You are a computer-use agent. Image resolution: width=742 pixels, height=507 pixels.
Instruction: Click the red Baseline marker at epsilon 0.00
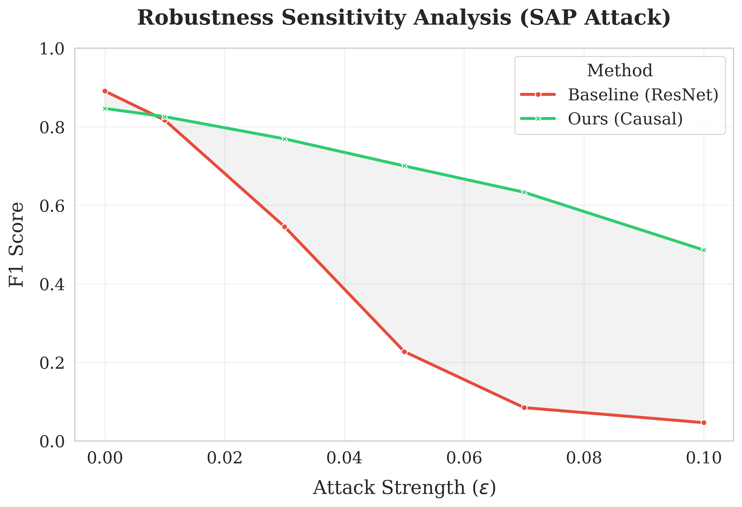105,91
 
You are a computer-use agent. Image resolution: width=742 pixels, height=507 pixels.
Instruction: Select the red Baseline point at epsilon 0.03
284,227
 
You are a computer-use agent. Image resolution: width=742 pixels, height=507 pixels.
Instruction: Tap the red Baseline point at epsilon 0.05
405,352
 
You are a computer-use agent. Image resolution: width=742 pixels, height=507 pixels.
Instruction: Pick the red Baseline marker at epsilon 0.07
524,408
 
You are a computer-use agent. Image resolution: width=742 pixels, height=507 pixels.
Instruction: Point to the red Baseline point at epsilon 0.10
704,423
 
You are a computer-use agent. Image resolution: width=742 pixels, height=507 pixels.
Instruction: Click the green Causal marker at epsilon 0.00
105,109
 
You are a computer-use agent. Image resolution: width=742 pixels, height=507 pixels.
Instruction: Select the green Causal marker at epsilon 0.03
284,139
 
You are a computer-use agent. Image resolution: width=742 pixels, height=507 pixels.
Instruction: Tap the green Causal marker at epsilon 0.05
405,166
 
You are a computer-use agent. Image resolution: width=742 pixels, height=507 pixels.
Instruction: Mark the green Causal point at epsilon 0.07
524,192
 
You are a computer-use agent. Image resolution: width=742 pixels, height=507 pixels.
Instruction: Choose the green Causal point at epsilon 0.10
704,250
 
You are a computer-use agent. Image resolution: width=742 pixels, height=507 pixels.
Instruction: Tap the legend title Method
620,70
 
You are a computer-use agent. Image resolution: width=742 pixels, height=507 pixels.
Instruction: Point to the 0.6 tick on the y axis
52,206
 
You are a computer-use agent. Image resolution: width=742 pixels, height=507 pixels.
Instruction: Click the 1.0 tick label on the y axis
52,49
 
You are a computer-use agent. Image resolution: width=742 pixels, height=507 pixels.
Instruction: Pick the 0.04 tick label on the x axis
344,458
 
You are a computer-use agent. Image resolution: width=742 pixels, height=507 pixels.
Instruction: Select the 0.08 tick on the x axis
584,458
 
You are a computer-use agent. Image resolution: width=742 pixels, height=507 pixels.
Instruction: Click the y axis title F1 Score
16,245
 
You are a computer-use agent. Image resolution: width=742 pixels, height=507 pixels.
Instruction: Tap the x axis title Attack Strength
404,488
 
